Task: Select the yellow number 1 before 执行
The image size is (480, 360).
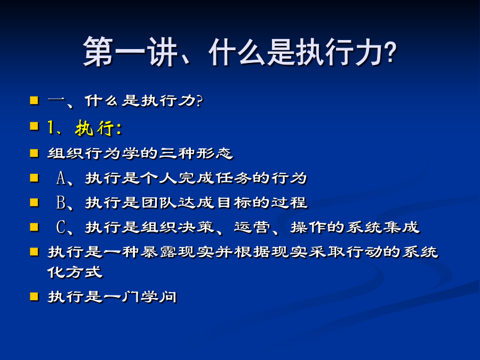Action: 51,127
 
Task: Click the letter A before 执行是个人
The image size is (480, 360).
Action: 61,178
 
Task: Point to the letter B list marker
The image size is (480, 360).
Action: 61,203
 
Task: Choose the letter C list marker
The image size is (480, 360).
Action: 61,227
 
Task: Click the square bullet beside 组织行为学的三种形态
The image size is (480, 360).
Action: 34,153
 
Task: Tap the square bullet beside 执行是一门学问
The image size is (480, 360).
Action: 34,297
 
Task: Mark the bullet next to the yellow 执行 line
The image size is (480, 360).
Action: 34,126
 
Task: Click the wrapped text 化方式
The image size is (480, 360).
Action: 75,272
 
